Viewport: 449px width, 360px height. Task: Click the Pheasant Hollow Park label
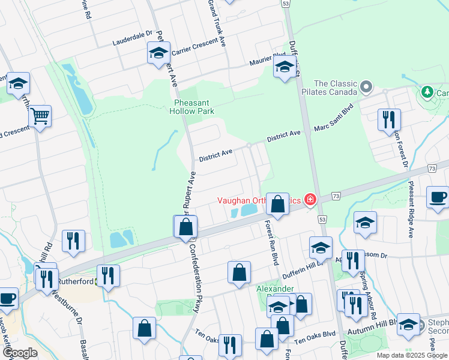[190, 106]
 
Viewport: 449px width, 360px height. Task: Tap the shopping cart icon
[40, 116]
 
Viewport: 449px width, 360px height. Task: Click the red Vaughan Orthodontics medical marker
[310, 199]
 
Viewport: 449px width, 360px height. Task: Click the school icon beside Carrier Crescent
[159, 53]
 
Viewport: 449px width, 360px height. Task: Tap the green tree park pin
[427, 92]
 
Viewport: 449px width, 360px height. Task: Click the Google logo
[19, 353]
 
